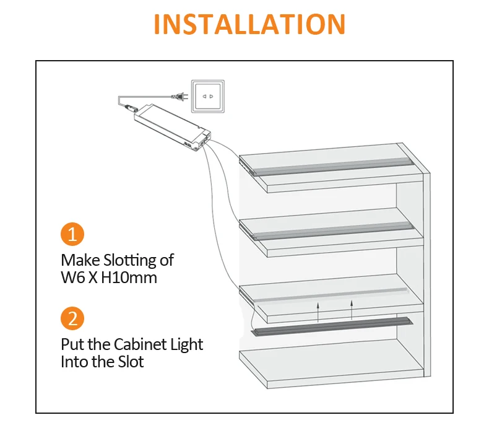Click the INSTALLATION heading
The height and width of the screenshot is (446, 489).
click(249, 24)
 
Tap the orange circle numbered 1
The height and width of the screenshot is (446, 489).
click(72, 235)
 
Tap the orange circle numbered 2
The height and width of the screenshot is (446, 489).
click(72, 319)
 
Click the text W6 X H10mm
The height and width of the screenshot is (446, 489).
click(109, 278)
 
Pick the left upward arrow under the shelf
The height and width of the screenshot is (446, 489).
click(318, 310)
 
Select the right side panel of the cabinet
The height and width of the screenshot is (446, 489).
click(425, 273)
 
